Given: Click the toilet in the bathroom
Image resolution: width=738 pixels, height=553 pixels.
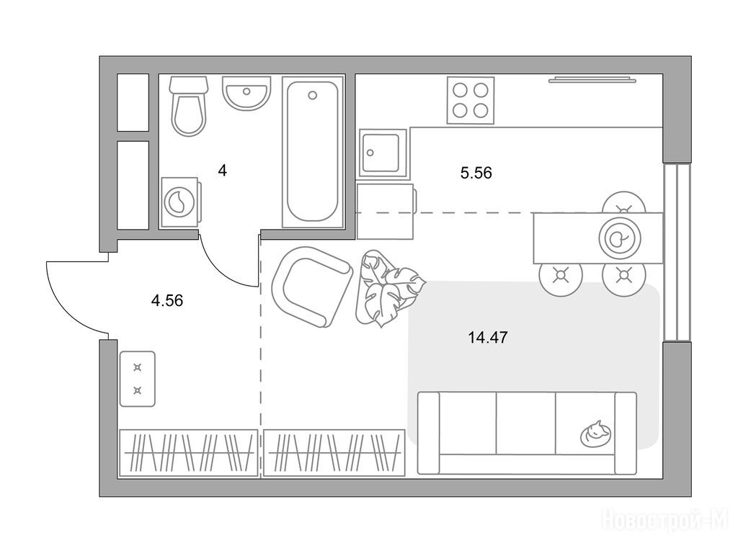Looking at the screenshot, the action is pyautogui.click(x=189, y=106).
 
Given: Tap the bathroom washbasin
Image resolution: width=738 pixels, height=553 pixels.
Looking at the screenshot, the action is pyautogui.click(x=246, y=93).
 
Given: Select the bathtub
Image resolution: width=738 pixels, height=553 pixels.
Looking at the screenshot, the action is pyautogui.click(x=313, y=151).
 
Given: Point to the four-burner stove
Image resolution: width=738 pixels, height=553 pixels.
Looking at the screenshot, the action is pyautogui.click(x=470, y=100).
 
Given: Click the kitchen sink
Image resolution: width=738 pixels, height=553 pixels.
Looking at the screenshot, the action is pyautogui.click(x=383, y=153).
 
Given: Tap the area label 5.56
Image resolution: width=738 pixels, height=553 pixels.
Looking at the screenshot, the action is pyautogui.click(x=476, y=173).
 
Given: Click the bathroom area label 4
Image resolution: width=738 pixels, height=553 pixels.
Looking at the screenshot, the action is pyautogui.click(x=222, y=171).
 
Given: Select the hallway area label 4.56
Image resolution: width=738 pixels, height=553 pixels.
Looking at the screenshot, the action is pyautogui.click(x=167, y=300).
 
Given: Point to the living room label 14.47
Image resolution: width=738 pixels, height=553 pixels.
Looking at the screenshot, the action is pyautogui.click(x=488, y=337).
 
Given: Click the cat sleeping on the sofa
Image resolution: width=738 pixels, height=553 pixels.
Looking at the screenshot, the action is pyautogui.click(x=596, y=433).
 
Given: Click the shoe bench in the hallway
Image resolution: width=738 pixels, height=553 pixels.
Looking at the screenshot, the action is pyautogui.click(x=138, y=379).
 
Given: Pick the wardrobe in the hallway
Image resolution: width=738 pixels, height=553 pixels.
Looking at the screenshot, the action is pyautogui.click(x=188, y=452).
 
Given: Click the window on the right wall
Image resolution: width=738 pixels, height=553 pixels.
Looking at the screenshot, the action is pyautogui.click(x=676, y=253).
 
